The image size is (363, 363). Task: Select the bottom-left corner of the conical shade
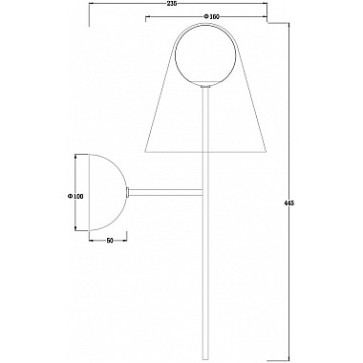142,153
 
